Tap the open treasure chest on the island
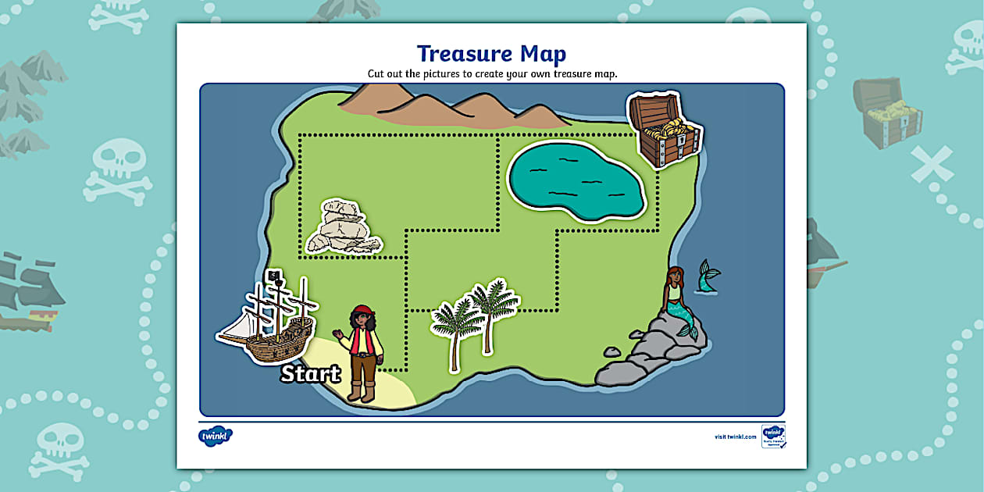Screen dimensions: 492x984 coord(664,130)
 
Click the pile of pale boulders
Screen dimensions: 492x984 coord(343,228)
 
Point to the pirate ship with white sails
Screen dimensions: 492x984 coord(268,321)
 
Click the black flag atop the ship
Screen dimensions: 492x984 coord(274,276)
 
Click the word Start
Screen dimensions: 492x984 coord(310,374)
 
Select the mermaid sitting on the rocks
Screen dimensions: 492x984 coord(676,301)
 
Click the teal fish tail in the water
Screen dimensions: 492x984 coord(709,276)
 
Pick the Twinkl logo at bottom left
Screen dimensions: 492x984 coord(216,436)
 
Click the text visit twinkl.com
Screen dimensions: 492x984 coord(735,437)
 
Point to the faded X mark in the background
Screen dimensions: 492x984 coord(932,165)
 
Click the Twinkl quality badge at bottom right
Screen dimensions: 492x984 coord(773,436)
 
